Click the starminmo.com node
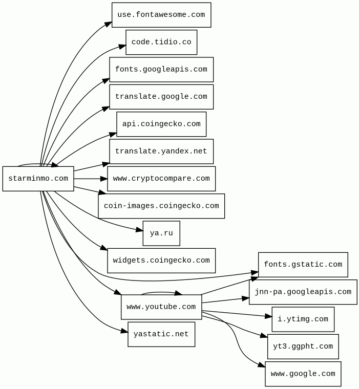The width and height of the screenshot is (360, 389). point(38,179)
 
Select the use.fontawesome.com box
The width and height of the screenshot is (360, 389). point(161,15)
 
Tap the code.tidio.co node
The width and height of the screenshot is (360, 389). point(161,42)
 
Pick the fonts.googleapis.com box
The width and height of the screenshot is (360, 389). point(161,70)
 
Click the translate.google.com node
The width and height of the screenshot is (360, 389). point(161,97)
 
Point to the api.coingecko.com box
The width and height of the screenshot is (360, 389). point(161,124)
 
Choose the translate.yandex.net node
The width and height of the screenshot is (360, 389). point(161,152)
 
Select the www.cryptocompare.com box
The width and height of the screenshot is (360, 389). point(161,179)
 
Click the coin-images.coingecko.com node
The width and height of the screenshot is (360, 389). point(161,206)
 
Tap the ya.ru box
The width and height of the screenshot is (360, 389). point(161,233)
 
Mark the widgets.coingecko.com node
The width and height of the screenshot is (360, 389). point(161,261)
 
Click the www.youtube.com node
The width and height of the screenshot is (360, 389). point(161,307)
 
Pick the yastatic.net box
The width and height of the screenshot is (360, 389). point(161,334)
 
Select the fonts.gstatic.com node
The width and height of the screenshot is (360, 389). point(303,265)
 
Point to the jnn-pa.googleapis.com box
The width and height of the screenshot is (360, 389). point(303,292)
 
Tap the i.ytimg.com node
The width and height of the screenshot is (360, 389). point(303,319)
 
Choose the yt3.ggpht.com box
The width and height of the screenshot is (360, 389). point(303,347)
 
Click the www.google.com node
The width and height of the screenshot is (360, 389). point(303,374)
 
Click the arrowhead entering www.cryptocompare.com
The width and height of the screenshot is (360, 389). point(104,179)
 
